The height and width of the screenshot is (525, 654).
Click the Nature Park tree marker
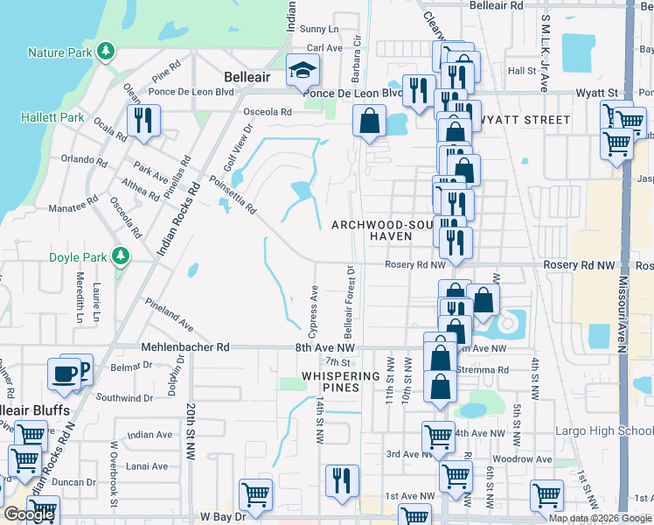click(x=106, y=51)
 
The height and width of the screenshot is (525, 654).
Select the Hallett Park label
click(x=55, y=117)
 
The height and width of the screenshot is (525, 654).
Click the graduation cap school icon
click(x=302, y=70)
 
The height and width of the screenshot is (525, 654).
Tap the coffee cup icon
click(x=63, y=374)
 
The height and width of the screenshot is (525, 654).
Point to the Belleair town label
click(x=247, y=77)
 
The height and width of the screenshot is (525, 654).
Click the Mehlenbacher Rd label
click(x=185, y=346)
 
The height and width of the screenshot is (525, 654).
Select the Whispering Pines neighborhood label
click(x=340, y=381)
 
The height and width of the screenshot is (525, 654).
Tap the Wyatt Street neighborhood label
click(x=522, y=119)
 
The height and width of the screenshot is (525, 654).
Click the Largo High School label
click(x=603, y=430)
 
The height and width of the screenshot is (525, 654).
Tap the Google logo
click(x=29, y=515)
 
